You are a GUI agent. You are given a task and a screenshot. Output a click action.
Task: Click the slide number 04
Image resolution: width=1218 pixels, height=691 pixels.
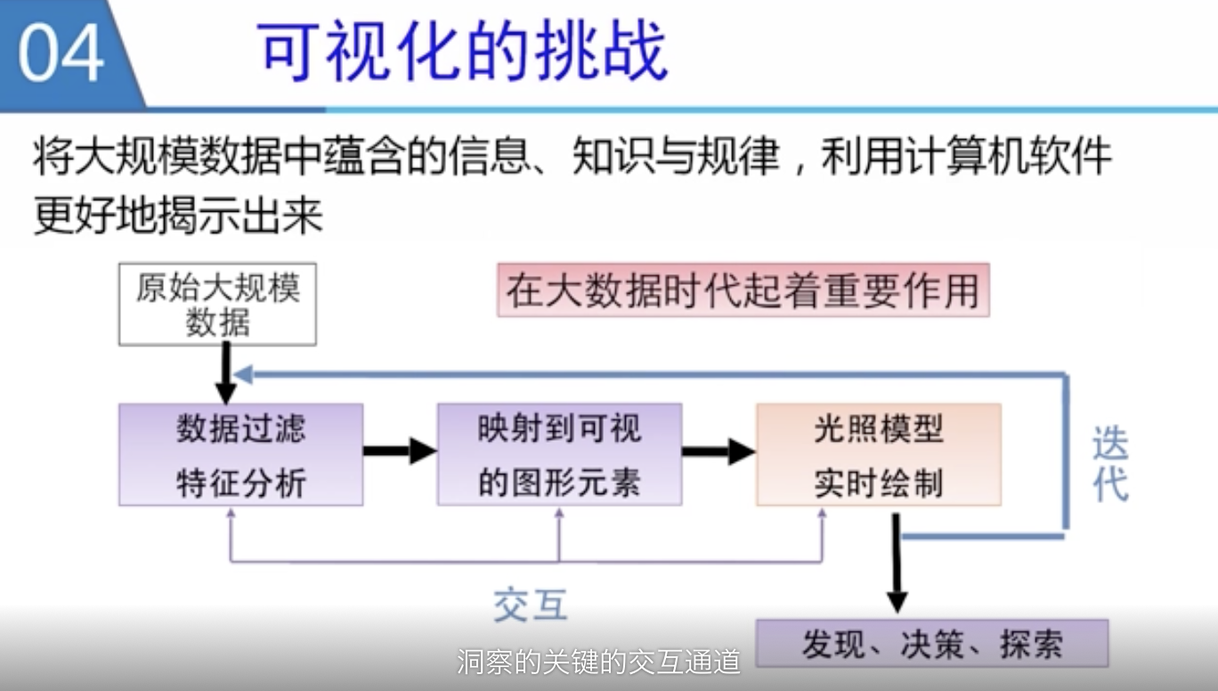point(61,53)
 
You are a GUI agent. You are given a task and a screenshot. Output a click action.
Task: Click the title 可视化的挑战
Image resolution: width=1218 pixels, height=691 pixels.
point(463,51)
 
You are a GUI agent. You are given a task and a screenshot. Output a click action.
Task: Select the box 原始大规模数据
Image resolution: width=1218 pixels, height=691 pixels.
point(217,304)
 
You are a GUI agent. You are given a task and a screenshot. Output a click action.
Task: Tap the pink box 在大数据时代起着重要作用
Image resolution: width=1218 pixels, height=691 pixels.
point(743,290)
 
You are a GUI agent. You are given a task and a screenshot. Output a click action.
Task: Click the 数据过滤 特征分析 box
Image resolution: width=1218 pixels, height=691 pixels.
point(240,455)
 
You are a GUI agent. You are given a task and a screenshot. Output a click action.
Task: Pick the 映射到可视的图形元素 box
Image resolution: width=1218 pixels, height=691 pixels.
point(559,455)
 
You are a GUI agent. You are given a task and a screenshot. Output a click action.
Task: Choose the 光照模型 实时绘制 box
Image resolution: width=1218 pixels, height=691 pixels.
point(878,455)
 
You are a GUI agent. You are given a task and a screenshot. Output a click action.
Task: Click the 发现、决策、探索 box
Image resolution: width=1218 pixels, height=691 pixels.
point(931,644)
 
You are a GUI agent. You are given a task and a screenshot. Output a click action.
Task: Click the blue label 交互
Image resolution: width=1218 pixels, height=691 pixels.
point(531,606)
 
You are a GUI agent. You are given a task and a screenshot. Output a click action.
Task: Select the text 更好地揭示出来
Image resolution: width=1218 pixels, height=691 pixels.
point(178,215)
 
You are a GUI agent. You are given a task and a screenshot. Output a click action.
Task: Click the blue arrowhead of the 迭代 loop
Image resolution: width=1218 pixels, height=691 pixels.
point(242,374)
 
